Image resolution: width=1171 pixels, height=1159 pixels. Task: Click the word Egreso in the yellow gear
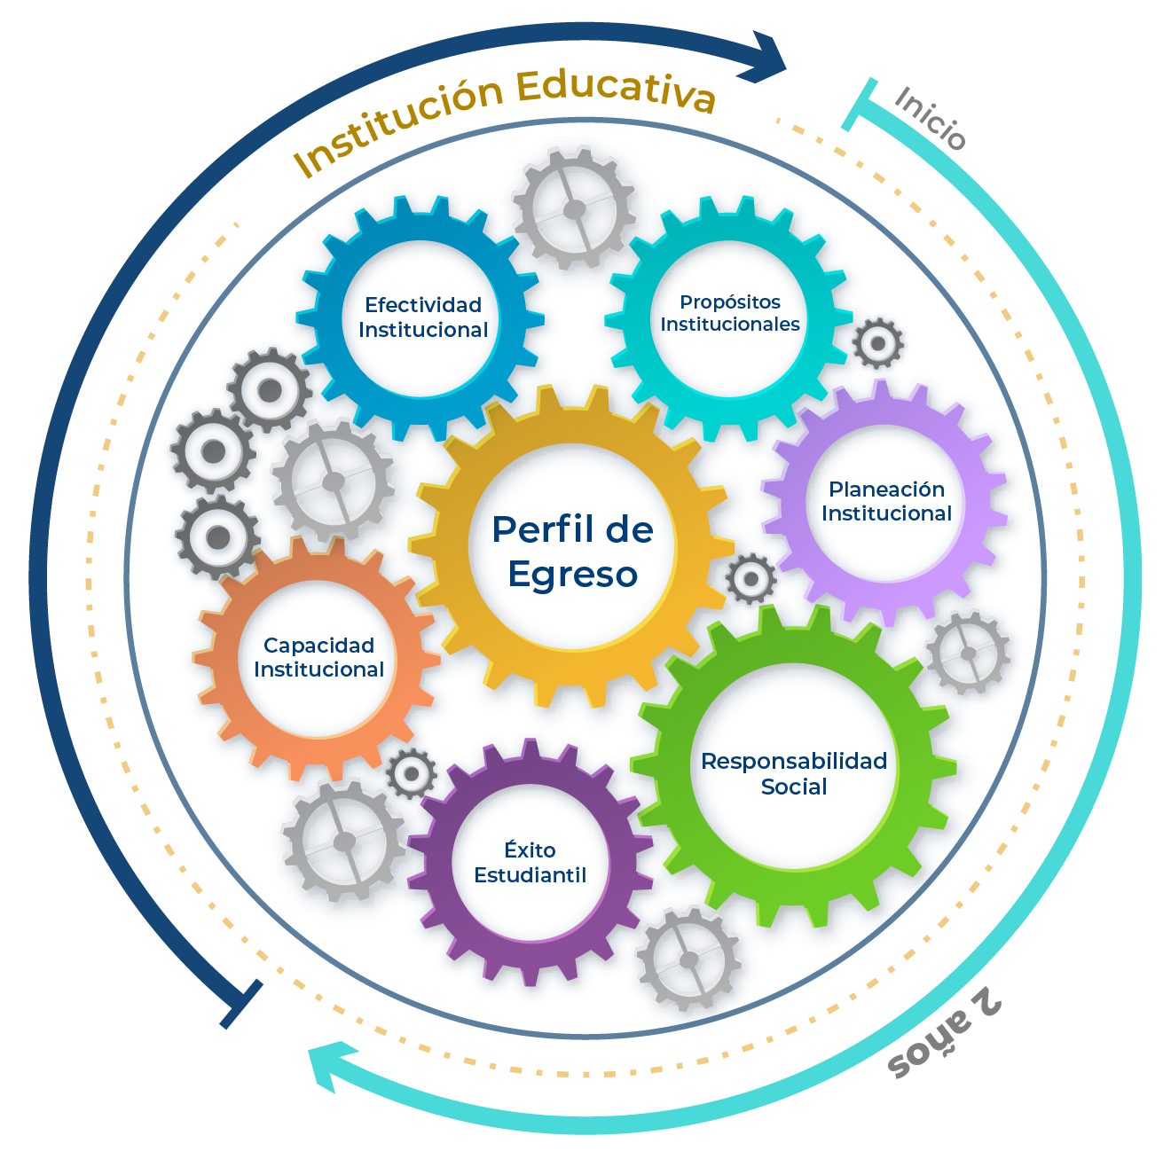(573, 575)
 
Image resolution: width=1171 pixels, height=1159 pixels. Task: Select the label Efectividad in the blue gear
(423, 305)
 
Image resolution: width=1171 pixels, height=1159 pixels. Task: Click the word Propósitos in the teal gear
(730, 302)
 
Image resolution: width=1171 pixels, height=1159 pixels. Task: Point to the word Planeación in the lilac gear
(886, 489)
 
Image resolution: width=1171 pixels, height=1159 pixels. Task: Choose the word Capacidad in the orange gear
(318, 646)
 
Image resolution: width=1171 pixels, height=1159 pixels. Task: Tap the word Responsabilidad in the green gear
(794, 761)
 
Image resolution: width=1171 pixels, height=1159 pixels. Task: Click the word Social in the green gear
(794, 787)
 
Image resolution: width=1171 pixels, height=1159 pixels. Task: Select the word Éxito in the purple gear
(530, 850)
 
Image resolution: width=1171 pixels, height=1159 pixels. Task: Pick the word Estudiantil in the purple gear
(530, 875)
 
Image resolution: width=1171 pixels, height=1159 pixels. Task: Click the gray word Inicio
(929, 119)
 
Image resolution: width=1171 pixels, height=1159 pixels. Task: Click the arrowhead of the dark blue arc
(768, 59)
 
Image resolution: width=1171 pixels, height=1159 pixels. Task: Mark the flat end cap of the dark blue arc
(240, 1005)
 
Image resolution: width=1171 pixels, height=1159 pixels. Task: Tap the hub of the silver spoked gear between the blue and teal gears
(574, 208)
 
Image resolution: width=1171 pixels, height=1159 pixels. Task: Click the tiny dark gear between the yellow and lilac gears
(751, 579)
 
